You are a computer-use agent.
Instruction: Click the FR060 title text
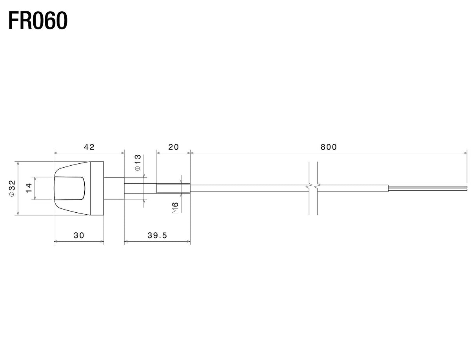[38, 21]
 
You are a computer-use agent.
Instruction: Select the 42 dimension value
[89, 147]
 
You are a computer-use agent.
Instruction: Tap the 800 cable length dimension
[329, 147]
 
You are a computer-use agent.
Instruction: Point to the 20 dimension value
[173, 147]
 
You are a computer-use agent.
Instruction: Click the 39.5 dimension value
[157, 235]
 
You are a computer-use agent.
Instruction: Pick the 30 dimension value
[79, 235]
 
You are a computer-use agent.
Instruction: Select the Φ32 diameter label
[12, 188]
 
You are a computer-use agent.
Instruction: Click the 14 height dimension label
[29, 188]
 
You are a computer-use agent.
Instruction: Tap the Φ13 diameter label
[138, 163]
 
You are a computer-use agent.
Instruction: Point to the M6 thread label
[175, 208]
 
